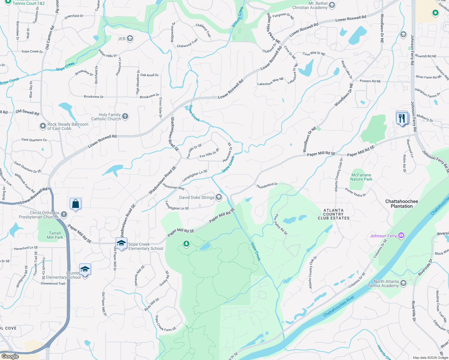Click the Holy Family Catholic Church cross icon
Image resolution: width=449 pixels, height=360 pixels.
[125, 116]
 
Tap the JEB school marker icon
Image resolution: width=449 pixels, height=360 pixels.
[130, 38]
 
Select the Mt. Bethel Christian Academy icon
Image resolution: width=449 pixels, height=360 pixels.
[332, 5]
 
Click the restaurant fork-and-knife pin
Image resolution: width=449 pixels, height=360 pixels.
[402, 118]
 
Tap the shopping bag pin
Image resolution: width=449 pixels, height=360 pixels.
[76, 204]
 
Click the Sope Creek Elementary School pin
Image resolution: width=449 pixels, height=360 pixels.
[122, 243]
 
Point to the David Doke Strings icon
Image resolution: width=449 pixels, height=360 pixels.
[219, 197]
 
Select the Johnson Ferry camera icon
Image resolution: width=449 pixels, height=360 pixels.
[401, 235]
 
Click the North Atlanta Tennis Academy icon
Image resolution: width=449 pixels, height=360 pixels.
[403, 283]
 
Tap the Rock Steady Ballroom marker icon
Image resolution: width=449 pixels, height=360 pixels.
[43, 126]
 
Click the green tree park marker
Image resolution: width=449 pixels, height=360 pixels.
[186, 243]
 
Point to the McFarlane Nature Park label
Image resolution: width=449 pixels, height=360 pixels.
[361, 177]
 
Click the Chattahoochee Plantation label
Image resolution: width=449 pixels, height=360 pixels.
[402, 204]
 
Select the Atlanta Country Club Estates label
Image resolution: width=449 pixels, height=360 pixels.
[333, 214]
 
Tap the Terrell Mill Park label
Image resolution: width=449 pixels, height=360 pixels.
[55, 235]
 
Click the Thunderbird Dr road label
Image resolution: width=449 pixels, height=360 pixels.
[267, 186]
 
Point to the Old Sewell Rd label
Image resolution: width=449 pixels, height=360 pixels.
[27, 112]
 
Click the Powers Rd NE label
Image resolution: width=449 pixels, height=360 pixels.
[370, 81]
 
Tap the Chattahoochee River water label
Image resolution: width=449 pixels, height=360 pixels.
[339, 306]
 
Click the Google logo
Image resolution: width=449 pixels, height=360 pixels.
[10, 356]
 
